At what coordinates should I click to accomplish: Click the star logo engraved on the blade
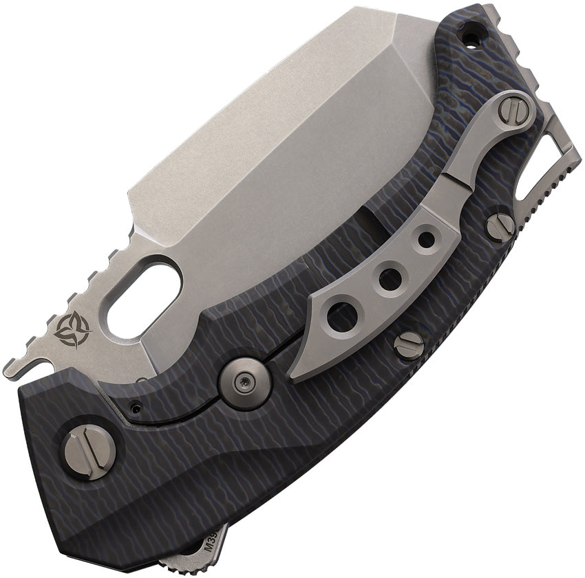click(72, 329)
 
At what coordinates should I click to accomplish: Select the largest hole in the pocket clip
click(342, 317)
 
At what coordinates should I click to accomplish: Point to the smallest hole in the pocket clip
click(427, 240)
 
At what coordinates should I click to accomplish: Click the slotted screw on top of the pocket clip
click(512, 111)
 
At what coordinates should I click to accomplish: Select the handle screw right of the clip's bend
click(500, 226)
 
